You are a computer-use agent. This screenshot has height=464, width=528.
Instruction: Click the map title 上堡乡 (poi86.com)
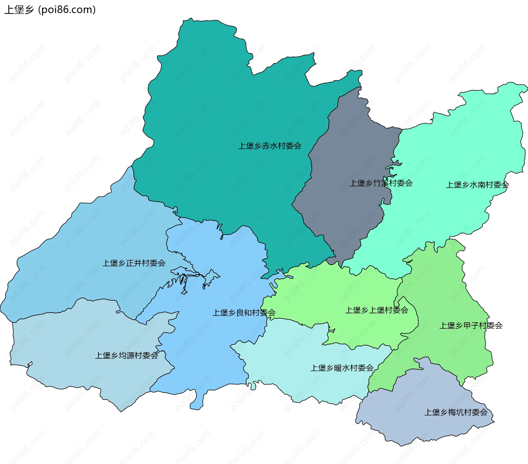coord(50,10)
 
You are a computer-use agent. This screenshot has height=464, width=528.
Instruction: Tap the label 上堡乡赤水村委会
coord(270,146)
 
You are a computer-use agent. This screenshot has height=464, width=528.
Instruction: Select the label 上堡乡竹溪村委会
coord(381,183)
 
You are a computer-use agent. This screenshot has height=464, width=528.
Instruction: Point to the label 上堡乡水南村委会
coord(477,185)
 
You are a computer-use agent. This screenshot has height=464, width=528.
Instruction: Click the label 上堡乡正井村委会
coord(134,263)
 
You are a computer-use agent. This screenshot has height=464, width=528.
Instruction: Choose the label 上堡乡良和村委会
coord(244,313)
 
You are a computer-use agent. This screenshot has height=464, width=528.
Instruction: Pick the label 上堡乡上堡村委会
coord(377,310)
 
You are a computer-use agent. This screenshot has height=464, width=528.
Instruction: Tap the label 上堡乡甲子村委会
coord(471,326)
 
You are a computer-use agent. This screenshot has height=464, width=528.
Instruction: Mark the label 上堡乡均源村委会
coord(127,356)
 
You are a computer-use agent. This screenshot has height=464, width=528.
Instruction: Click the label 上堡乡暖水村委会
coord(342,368)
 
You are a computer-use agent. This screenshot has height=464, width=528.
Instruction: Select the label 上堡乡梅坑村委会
coord(456,412)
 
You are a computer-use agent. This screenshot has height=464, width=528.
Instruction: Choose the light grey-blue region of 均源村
coord(69,344)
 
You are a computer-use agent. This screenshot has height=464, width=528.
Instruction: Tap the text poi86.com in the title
coord(67,10)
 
